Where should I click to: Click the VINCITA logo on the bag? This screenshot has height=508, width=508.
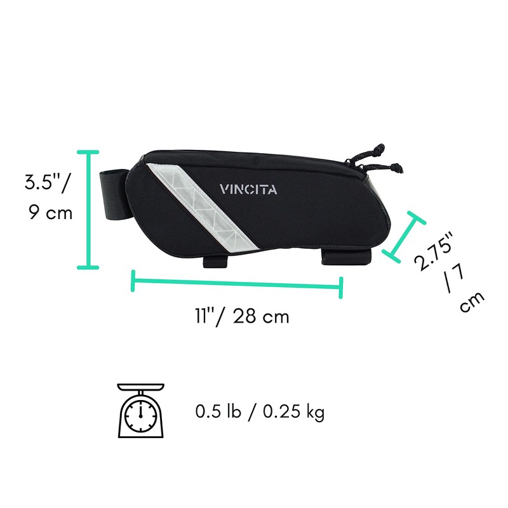(248, 189)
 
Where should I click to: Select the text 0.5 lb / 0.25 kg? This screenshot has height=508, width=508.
(260, 412)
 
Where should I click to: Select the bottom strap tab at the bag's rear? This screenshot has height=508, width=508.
(347, 257)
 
